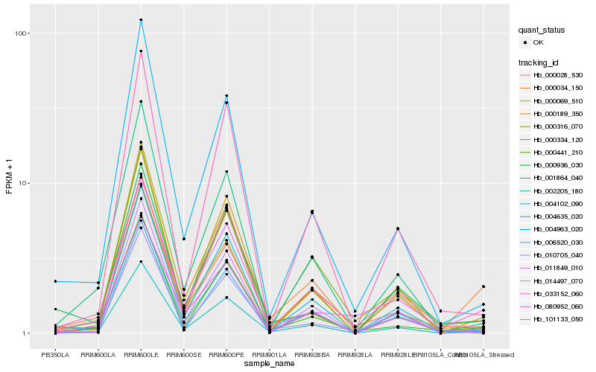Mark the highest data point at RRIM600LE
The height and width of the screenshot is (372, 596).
141,20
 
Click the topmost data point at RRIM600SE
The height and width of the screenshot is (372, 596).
183,239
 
